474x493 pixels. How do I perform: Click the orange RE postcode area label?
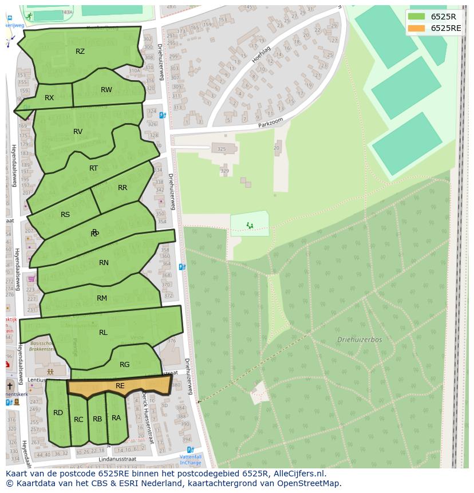120,386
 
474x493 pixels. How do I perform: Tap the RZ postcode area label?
80,52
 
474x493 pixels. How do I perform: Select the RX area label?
49,98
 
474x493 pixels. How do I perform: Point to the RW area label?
106,90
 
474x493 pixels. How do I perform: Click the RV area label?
78,132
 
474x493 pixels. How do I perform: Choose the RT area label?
93,168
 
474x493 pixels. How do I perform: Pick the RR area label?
123,188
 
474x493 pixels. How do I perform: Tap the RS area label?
65,215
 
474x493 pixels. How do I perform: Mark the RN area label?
104,263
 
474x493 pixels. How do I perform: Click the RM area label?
102,298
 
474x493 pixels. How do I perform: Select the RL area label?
103,333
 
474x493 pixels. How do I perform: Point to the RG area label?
125,365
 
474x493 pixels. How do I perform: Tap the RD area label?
58,413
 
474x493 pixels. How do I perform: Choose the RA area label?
116,418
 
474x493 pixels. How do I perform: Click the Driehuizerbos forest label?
360,340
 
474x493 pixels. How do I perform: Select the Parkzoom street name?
271,124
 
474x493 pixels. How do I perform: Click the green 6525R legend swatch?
417,17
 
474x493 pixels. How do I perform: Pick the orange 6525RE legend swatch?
417,28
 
